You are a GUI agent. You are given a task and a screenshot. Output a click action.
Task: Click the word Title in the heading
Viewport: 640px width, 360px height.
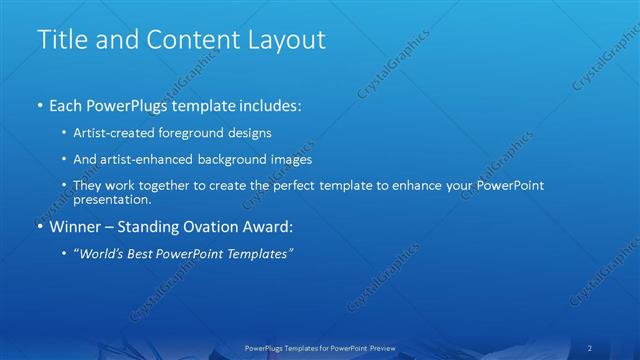click(x=59, y=39)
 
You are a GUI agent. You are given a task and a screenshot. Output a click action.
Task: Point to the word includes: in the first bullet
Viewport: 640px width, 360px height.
click(x=266, y=104)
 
